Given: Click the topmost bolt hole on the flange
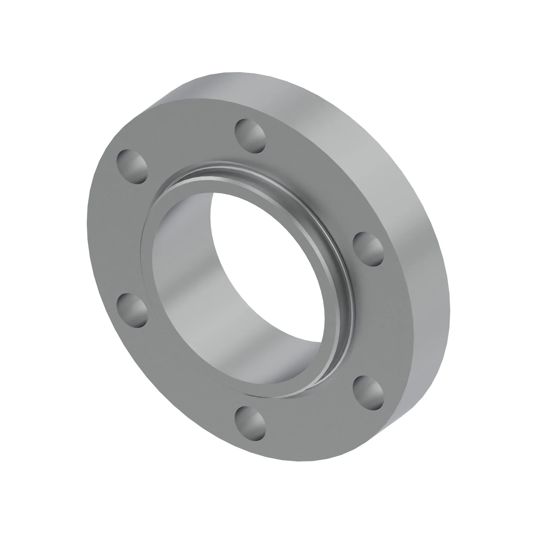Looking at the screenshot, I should click(250, 136).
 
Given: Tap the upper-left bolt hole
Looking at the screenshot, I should click(132, 167).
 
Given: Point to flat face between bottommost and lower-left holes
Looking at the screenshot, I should click(177, 382).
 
